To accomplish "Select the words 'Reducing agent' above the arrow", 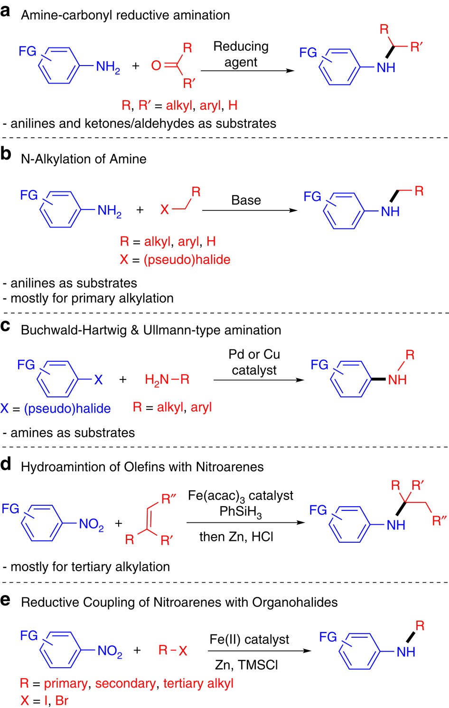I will pyautogui.click(x=241, y=54).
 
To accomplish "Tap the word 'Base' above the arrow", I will pyautogui.click(x=246, y=200).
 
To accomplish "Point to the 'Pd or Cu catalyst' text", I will pyautogui.click(x=254, y=362).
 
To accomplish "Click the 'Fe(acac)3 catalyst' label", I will pyautogui.click(x=241, y=496).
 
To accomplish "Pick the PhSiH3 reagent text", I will pyautogui.click(x=241, y=512).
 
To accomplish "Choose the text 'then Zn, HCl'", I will pyautogui.click(x=236, y=537).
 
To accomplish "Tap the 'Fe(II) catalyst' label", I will pyautogui.click(x=249, y=640).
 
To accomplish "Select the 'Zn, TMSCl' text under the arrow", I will pyautogui.click(x=246, y=665).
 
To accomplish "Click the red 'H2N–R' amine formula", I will pyautogui.click(x=167, y=379).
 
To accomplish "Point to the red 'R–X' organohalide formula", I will pyautogui.click(x=173, y=651).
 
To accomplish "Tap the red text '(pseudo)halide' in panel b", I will pyautogui.click(x=187, y=260).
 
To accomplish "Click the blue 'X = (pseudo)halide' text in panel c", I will pyautogui.click(x=56, y=408).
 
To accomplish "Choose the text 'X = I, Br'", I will pyautogui.click(x=44, y=700).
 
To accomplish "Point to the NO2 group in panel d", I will pyautogui.click(x=91, y=524).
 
